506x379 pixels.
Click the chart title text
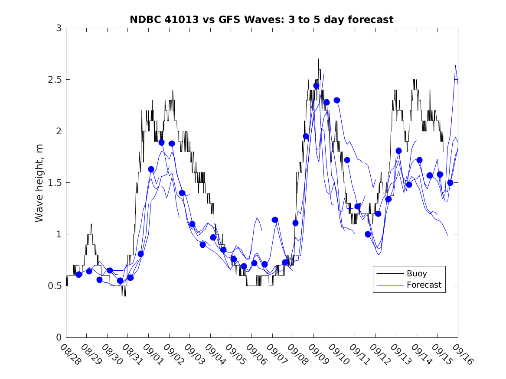pyautogui.click(x=261, y=19)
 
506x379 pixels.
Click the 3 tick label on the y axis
pyautogui.click(x=58, y=28)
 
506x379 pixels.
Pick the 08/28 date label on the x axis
pyautogui.click(x=69, y=354)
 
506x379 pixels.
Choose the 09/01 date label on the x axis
pyautogui.click(x=152, y=354)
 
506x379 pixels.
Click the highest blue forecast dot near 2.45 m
pyautogui.click(x=316, y=86)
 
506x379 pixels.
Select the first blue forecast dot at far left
pyautogui.click(x=78, y=274)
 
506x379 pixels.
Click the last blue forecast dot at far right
pyautogui.click(x=450, y=182)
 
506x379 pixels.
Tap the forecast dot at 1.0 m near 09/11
pyautogui.click(x=368, y=234)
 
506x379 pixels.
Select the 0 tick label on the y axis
pyautogui.click(x=58, y=337)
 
